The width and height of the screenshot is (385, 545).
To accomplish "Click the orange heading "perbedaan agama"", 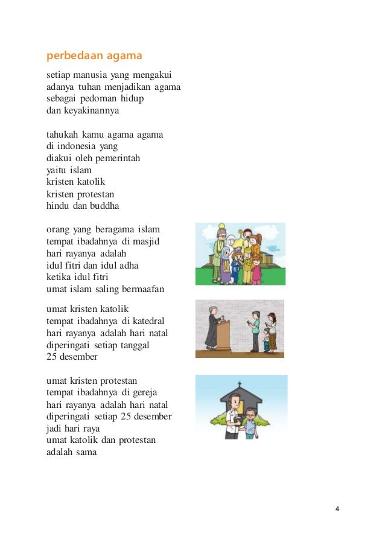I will coord(94,56).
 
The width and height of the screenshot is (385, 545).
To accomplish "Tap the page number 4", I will coord(337,509).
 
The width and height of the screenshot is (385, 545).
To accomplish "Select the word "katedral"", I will coord(148,320).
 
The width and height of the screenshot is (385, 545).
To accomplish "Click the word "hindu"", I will coord(59,206).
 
